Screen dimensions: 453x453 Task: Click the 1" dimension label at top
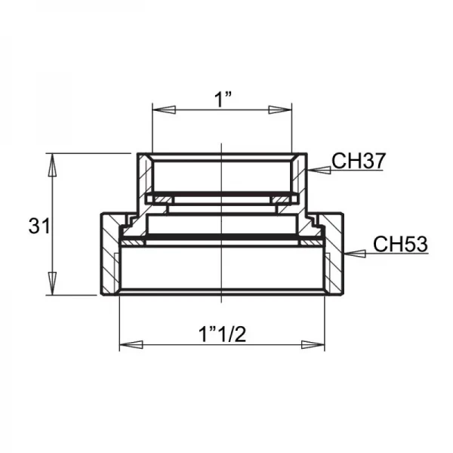coord(223,99)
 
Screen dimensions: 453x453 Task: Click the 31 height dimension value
coord(39,226)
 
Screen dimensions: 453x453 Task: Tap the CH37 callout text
coord(359,161)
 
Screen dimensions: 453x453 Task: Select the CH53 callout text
coord(400,244)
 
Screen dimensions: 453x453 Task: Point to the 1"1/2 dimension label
coord(222,334)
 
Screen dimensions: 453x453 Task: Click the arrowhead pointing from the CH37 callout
coord(319,170)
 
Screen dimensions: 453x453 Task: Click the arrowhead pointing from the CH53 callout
coord(355,254)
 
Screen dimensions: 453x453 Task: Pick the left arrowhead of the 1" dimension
coord(164,110)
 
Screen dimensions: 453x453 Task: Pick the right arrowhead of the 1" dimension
coord(280,110)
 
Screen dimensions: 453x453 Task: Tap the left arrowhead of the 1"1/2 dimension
coord(131,345)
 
